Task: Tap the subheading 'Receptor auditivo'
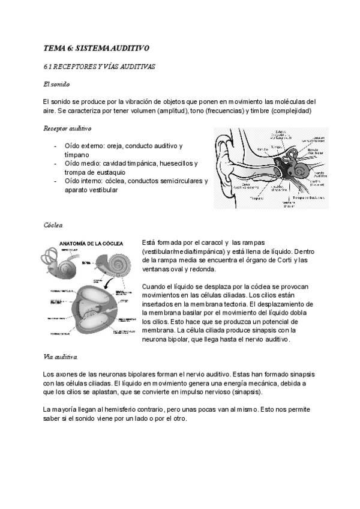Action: (67, 128)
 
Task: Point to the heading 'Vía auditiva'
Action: (61, 357)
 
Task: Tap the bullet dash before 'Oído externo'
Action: (55, 146)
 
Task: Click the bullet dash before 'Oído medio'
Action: (55, 163)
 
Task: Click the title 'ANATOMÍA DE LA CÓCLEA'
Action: (91, 243)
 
